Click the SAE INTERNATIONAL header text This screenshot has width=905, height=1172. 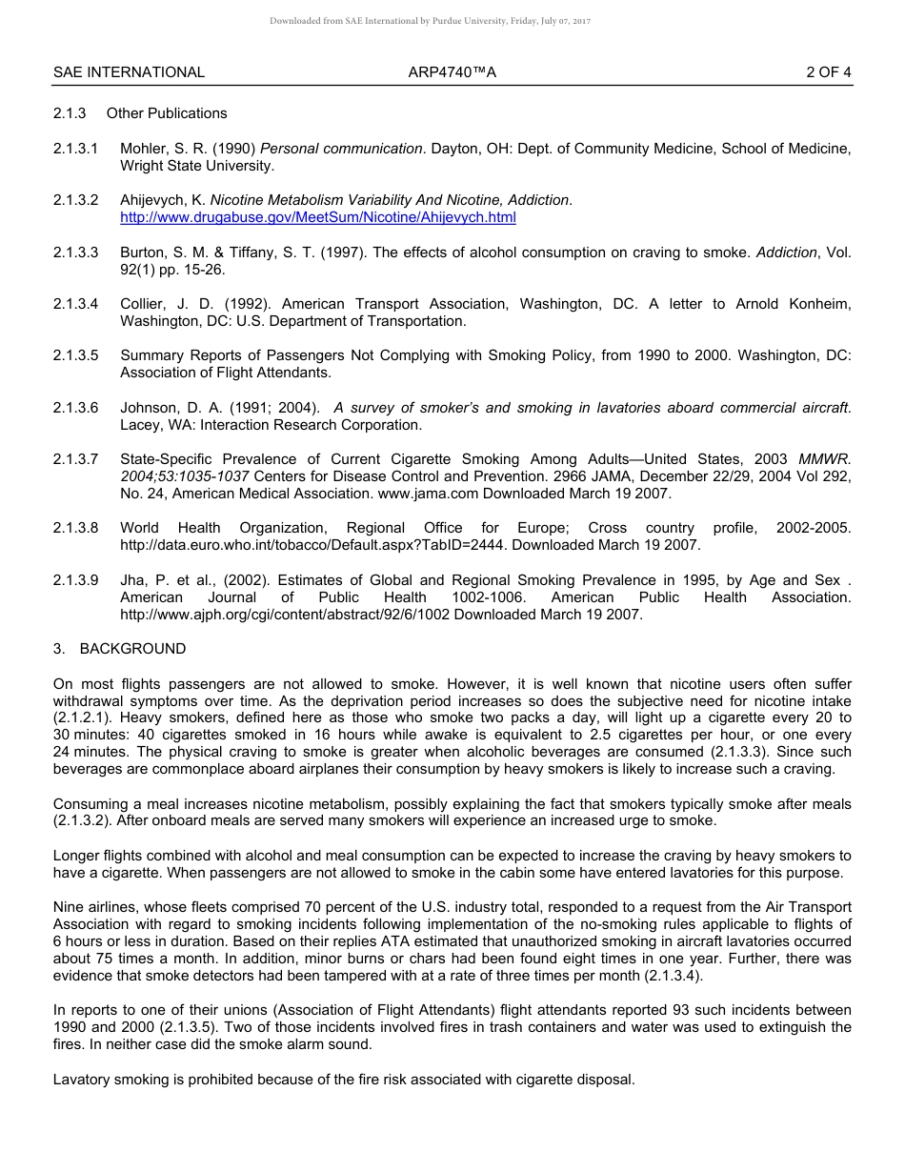point(129,72)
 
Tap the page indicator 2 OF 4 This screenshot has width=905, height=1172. point(828,72)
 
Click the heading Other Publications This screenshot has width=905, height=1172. point(167,113)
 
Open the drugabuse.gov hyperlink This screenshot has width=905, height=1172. point(317,217)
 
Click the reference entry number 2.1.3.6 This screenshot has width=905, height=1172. point(75,408)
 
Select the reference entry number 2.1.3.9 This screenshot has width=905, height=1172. point(75,580)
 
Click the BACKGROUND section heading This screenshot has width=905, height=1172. point(132,649)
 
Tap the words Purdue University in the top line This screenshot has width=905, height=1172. point(447,21)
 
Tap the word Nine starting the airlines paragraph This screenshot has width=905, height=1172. point(69,907)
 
